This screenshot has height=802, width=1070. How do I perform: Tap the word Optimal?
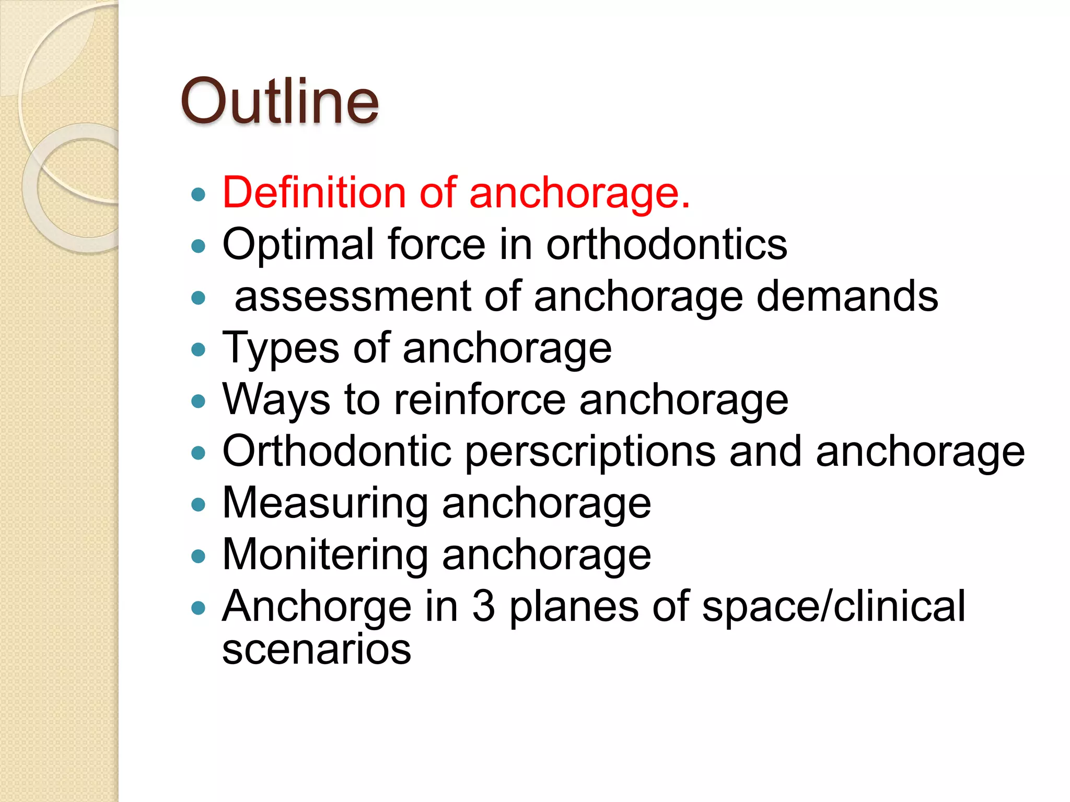click(x=297, y=244)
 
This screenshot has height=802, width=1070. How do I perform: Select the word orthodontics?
click(x=666, y=244)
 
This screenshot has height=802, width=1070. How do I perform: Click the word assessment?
click(x=353, y=296)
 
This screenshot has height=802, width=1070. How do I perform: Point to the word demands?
click(x=847, y=296)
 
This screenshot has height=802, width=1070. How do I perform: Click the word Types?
click(x=280, y=348)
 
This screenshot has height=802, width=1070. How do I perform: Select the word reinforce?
click(x=479, y=399)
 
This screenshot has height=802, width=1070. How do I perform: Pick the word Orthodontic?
click(x=337, y=451)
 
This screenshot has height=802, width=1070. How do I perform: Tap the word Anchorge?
click(x=317, y=606)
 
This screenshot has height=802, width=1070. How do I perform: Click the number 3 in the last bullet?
click(x=483, y=606)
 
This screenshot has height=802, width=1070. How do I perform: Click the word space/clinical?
click(x=833, y=606)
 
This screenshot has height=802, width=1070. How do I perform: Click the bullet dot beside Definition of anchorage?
click(x=198, y=195)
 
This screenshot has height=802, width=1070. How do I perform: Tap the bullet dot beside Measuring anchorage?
click(x=198, y=505)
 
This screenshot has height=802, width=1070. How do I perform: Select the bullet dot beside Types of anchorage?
click(x=198, y=350)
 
